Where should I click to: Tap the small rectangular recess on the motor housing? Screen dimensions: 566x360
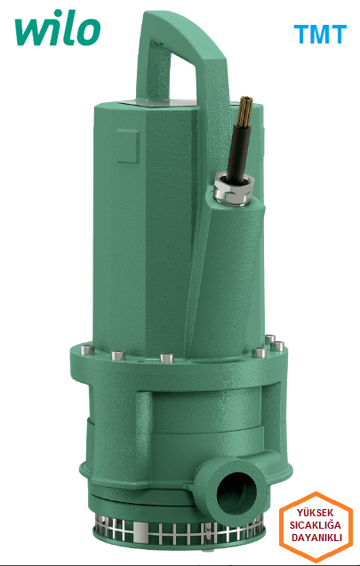point(121,141)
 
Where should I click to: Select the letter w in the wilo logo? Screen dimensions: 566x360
point(32,33)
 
